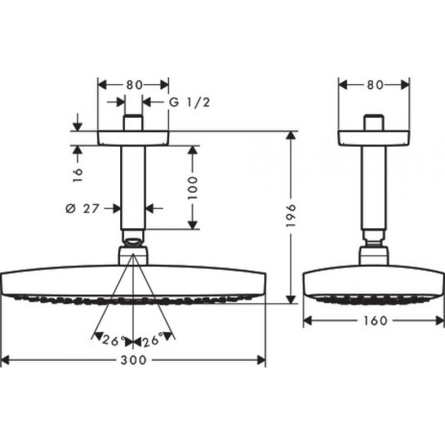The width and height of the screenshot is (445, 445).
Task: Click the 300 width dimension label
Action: (133, 360)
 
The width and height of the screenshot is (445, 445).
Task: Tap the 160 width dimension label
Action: (375, 321)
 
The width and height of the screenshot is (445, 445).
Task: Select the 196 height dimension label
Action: (291, 216)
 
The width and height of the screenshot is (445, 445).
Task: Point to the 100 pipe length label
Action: (192, 187)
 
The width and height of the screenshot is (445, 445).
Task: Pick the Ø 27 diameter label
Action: (82, 209)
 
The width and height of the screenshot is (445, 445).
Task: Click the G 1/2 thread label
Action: (189, 102)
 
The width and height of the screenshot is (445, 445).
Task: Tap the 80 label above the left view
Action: (134, 85)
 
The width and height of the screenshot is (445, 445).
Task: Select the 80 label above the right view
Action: (375, 85)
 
